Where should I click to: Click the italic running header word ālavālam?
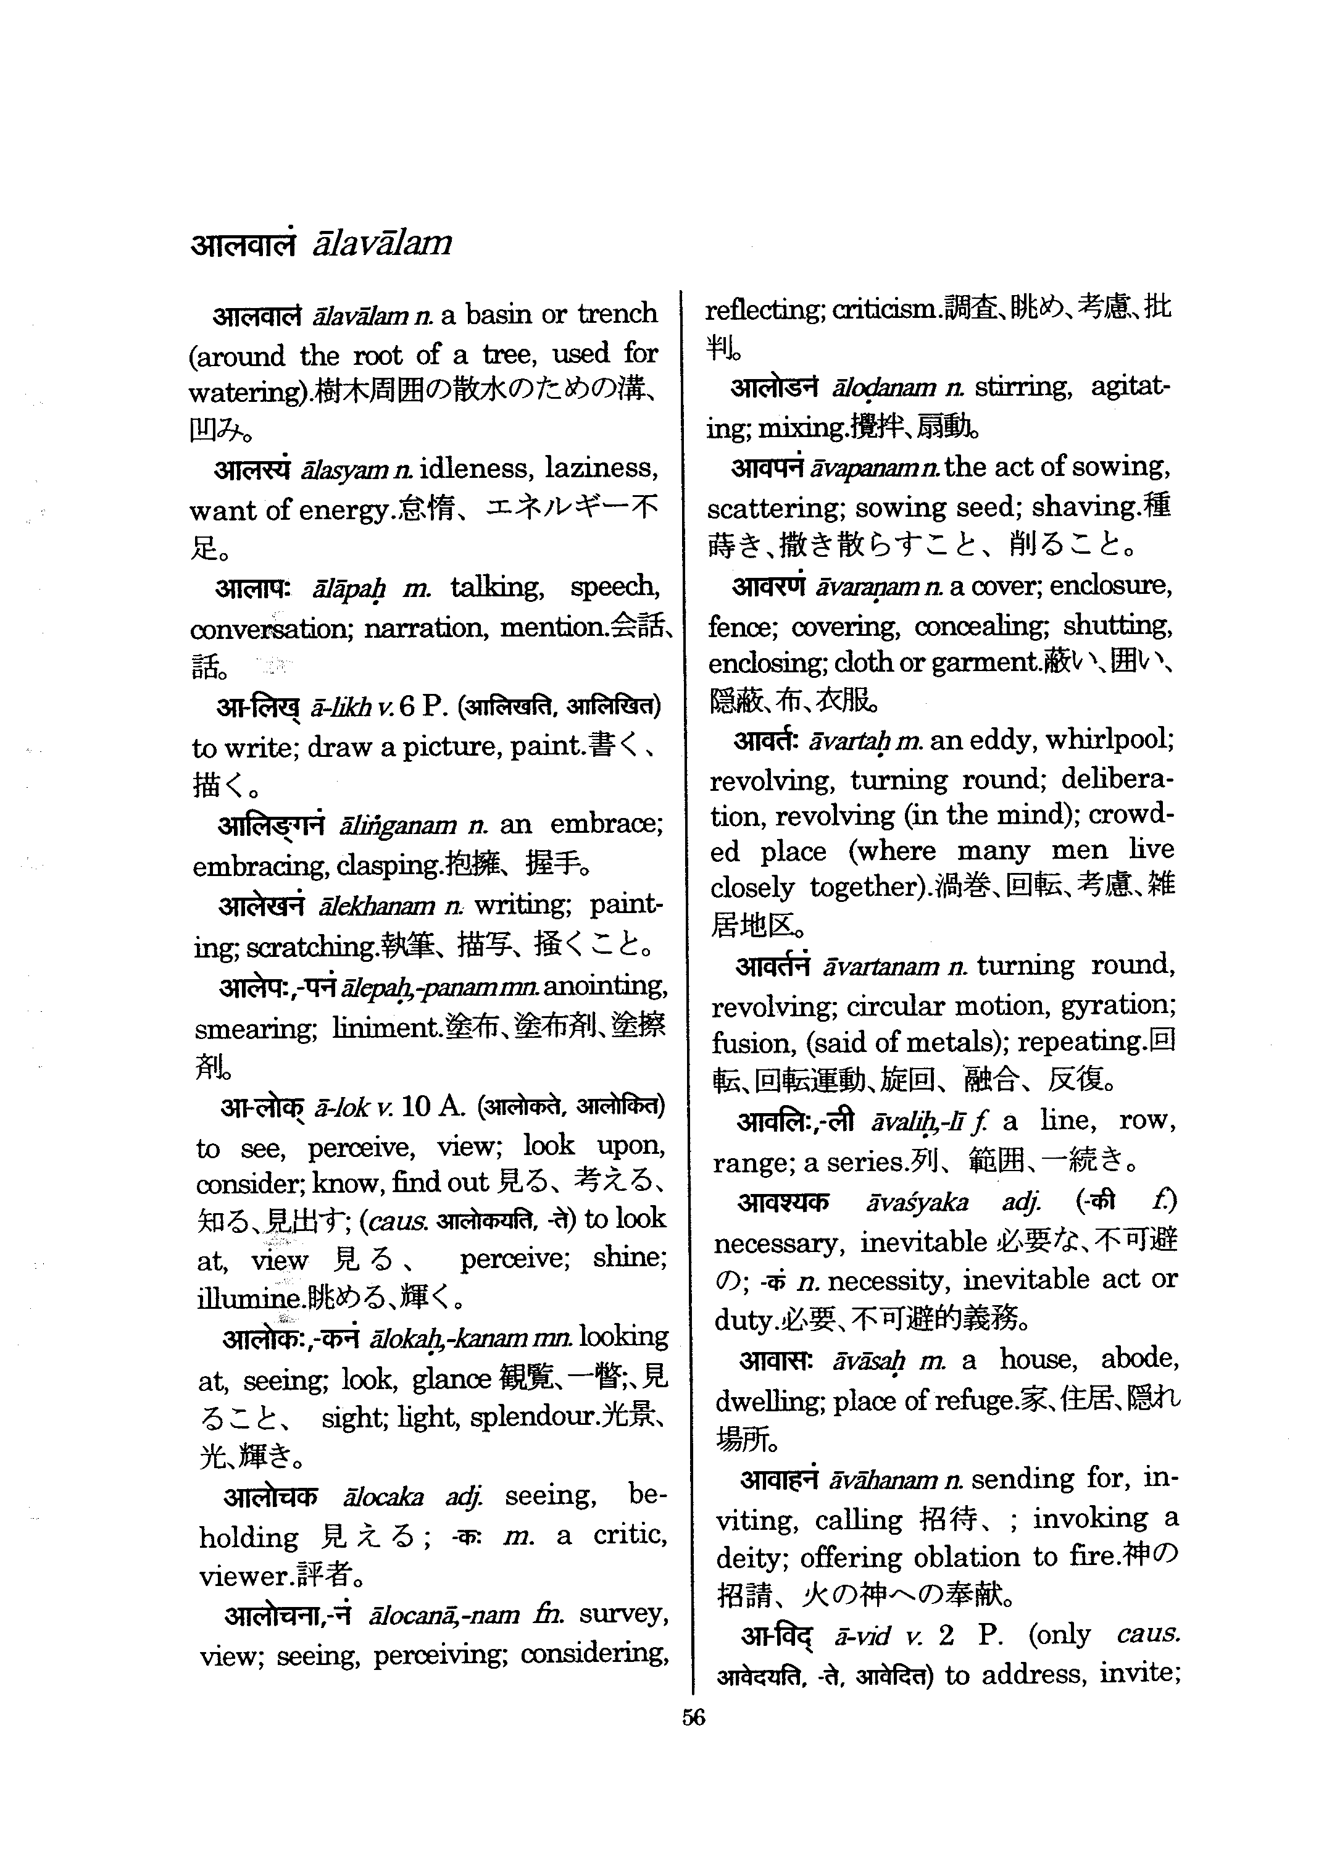(x=381, y=243)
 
